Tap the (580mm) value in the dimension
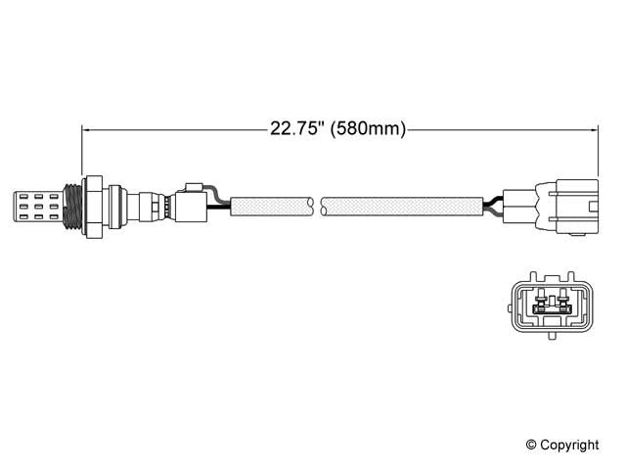pos(370,128)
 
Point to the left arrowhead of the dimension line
pos(87,128)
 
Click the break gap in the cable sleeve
pos(318,206)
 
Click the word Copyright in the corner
pos(569,446)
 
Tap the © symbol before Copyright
pos(532,446)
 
